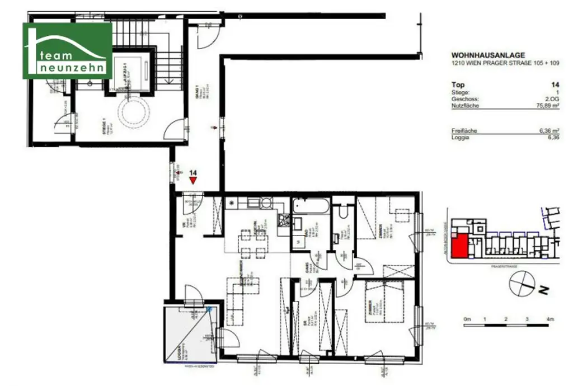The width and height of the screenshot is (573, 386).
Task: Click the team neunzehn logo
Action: coord(67,50)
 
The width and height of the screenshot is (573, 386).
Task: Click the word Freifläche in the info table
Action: coord(463,130)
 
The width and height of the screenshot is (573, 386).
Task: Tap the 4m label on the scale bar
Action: coord(550,319)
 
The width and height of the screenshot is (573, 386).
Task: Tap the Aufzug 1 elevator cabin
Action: coord(131,71)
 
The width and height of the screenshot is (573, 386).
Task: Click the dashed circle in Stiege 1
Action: coord(134,111)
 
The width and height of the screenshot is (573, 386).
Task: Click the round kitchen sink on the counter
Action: coord(267,203)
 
